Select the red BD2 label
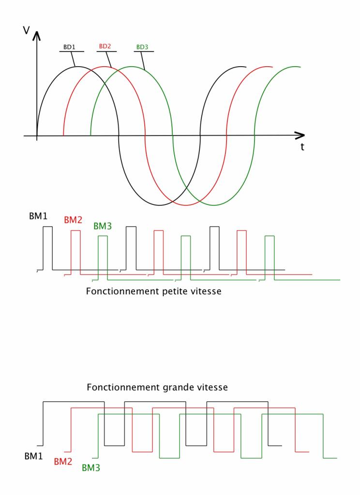point(105,46)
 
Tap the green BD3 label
point(142,47)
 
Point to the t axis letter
point(302,146)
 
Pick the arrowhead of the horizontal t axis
point(300,136)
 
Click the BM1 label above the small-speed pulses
point(38,216)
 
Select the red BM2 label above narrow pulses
point(73,220)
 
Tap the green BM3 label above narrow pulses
point(103,226)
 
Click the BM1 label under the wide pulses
point(34,456)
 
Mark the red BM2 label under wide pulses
point(63,462)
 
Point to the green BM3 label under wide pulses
point(91,467)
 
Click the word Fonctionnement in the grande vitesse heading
point(114,387)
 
